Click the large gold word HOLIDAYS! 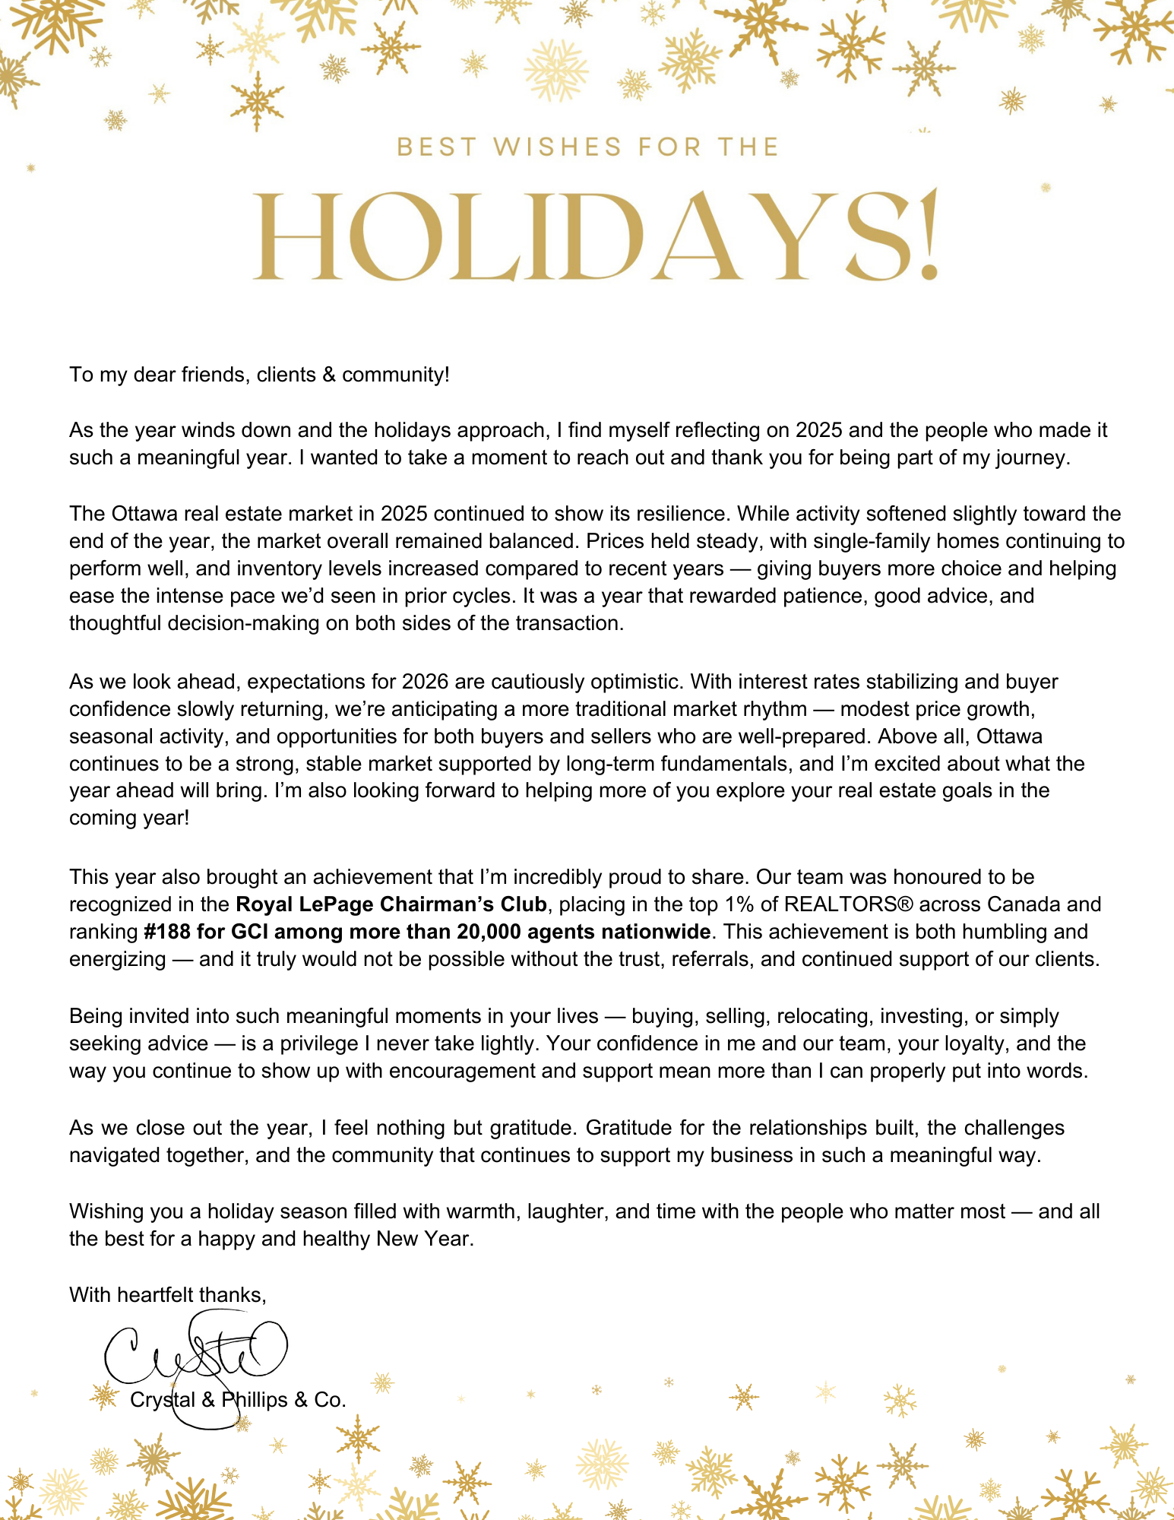[x=594, y=236]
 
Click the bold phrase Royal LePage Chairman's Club [x=391, y=904]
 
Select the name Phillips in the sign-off [x=255, y=1400]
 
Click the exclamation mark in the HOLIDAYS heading [x=929, y=236]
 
